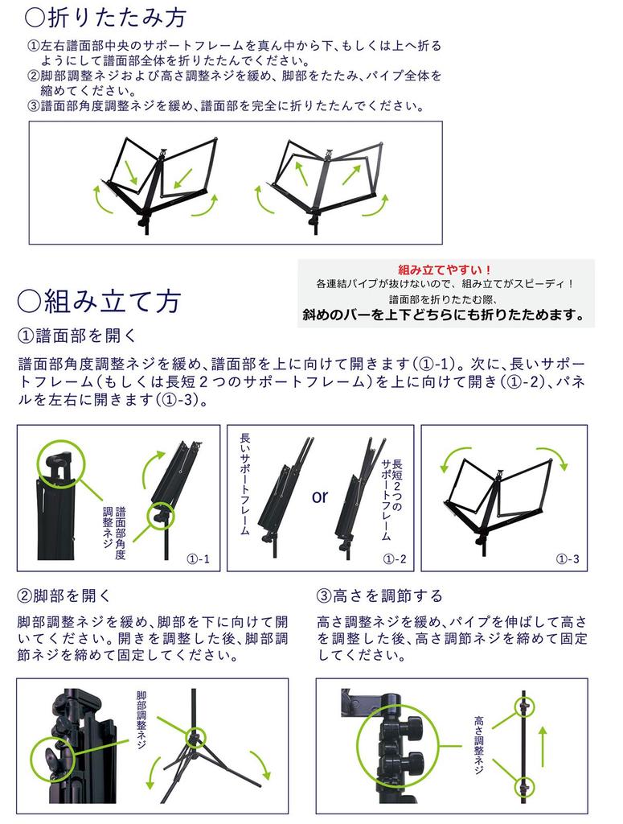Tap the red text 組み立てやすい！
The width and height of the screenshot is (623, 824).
[x=445, y=270]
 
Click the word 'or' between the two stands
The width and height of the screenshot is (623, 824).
[x=320, y=496]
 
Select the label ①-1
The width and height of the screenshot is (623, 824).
[x=198, y=558]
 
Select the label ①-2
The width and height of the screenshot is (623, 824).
[x=395, y=558]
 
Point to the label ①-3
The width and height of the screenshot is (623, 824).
[x=568, y=558]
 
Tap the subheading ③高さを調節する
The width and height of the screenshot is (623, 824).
[x=380, y=596]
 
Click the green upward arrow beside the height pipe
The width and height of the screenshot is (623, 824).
[x=543, y=744]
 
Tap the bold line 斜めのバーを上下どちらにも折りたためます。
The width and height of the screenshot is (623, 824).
[x=444, y=315]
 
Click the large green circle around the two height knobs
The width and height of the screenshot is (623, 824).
[x=400, y=744]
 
